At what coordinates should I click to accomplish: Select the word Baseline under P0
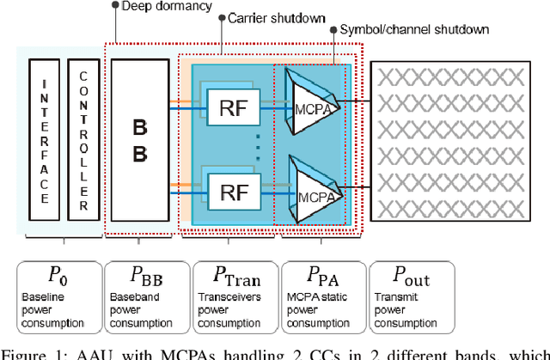pyautogui.click(x=42, y=299)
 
